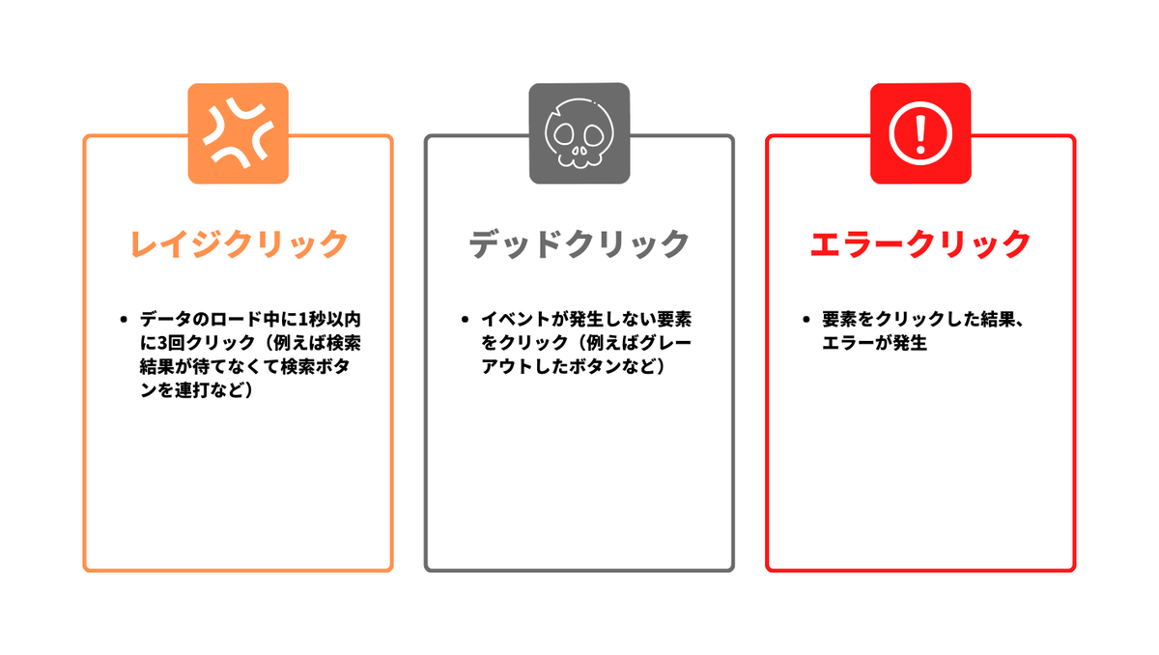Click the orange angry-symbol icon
pyautogui.click(x=238, y=133)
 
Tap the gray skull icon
pyautogui.click(x=579, y=133)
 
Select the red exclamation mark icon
pyautogui.click(x=919, y=133)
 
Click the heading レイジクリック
pyautogui.click(x=238, y=243)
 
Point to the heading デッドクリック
pyautogui.click(x=579, y=243)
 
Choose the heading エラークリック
pyautogui.click(x=919, y=243)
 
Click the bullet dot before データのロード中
pyautogui.click(x=123, y=319)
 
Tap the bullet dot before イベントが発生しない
pyautogui.click(x=464, y=319)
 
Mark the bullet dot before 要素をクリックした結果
pyautogui.click(x=805, y=319)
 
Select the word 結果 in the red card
pyautogui.click(x=988, y=319)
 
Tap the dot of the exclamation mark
pyautogui.click(x=919, y=150)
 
